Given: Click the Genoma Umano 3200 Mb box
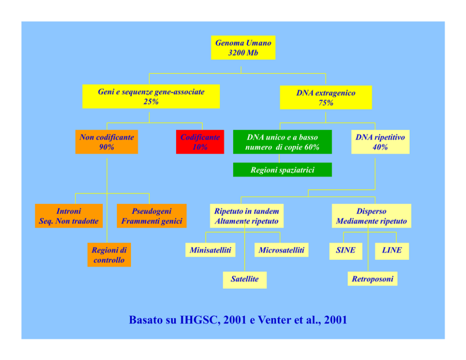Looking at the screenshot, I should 243,48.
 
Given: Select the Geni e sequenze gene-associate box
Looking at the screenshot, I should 151,97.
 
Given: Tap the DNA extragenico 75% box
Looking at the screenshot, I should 326,98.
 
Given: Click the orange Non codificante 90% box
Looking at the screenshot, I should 107,142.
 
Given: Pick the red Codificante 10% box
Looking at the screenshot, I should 200,142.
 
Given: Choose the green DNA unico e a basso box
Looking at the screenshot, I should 282,142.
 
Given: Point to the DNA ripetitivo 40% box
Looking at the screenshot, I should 380,142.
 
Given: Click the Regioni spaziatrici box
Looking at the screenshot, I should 282,170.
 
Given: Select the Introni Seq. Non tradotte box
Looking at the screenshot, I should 69,216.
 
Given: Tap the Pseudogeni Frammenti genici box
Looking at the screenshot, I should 151,216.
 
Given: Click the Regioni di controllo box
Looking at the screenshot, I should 109,255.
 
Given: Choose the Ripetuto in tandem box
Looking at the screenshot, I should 247,216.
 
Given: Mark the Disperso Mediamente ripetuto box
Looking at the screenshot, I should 372,216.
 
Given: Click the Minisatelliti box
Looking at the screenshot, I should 210,250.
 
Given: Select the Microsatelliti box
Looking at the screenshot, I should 281,250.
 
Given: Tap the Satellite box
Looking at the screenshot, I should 245,279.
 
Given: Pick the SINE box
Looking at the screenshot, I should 346,250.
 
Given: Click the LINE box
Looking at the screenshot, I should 392,250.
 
